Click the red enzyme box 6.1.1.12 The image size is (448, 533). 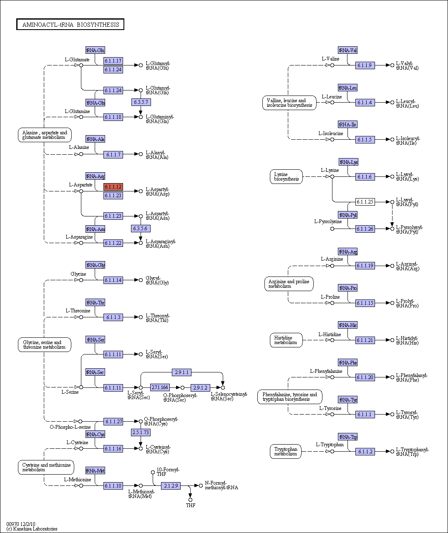(x=113, y=186)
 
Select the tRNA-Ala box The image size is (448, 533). (x=95, y=139)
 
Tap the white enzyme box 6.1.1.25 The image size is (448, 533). (x=365, y=202)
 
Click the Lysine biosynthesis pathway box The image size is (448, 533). (x=286, y=177)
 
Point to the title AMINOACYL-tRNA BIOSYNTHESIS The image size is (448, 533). (x=70, y=25)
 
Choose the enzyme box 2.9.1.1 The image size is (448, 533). (x=181, y=372)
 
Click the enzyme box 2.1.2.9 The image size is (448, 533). (x=171, y=485)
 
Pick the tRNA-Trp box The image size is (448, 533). (x=347, y=437)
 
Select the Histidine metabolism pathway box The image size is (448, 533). (x=286, y=340)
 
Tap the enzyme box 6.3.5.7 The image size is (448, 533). (x=141, y=102)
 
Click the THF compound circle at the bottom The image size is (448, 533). (x=190, y=500)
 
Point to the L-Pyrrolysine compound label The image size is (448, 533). (x=328, y=221)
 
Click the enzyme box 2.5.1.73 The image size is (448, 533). (x=141, y=432)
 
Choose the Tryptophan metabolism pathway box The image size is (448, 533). (x=285, y=451)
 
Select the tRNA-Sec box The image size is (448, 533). (x=95, y=372)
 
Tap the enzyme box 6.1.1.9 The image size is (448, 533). (x=365, y=65)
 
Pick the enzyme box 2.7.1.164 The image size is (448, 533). (x=160, y=387)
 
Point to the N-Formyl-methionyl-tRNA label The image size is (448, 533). (x=221, y=485)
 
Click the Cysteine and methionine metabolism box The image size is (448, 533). (x=46, y=468)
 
